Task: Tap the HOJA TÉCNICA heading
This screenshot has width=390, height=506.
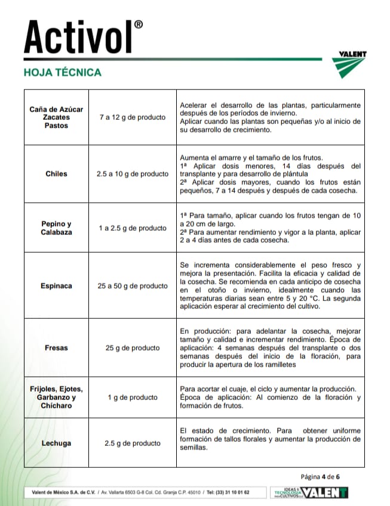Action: click(x=62, y=73)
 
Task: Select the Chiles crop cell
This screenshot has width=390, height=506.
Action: click(x=56, y=174)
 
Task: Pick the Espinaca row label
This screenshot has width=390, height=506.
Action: click(x=56, y=285)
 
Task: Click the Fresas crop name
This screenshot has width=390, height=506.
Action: click(x=56, y=347)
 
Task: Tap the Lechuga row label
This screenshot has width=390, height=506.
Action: click(x=56, y=443)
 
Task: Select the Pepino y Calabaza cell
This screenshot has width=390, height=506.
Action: click(x=56, y=228)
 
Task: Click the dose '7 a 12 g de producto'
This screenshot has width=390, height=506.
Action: click(x=132, y=117)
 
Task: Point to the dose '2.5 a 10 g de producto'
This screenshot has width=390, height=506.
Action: click(x=132, y=174)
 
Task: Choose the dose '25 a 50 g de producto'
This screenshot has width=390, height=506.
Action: click(x=132, y=285)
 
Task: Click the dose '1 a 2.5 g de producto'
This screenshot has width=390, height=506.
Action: click(x=132, y=228)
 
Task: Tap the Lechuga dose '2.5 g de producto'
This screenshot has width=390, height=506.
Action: click(x=132, y=443)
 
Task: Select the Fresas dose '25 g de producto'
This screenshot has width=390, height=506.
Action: click(x=132, y=347)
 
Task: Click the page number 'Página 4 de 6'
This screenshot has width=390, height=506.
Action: click(x=328, y=476)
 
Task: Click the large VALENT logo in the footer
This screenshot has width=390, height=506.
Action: click(x=326, y=492)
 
